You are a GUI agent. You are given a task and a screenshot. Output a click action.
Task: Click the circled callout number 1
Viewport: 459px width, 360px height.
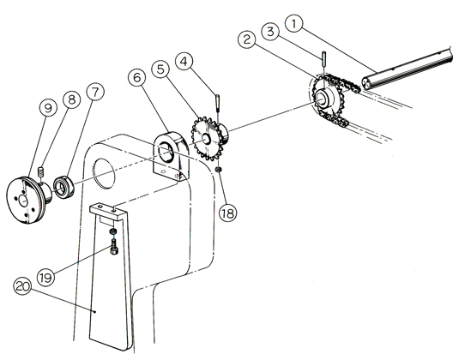(294, 24)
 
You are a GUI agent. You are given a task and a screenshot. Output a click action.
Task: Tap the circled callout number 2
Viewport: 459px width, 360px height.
(247, 39)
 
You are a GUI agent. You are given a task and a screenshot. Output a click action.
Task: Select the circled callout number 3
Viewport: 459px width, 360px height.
(270, 32)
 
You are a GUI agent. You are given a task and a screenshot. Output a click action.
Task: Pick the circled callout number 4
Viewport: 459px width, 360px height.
(184, 62)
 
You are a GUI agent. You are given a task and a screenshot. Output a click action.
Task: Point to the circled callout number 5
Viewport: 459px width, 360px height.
(160, 69)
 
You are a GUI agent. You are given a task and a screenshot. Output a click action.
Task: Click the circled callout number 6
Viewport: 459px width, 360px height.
(137, 77)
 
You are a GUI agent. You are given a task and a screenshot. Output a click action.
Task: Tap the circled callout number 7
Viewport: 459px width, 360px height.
(95, 92)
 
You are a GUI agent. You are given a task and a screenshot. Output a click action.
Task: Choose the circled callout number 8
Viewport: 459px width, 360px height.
(72, 99)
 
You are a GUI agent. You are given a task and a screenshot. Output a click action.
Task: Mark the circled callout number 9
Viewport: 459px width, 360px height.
(48, 107)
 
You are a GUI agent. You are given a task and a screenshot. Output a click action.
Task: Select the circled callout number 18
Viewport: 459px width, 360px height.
(227, 213)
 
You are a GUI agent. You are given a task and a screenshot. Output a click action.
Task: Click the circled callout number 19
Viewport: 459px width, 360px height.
(45, 277)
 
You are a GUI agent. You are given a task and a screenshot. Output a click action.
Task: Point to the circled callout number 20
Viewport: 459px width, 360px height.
(22, 286)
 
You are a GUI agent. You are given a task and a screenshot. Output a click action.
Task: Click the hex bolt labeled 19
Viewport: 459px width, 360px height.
(114, 247)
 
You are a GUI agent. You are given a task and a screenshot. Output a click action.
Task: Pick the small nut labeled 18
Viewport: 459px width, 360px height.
(219, 170)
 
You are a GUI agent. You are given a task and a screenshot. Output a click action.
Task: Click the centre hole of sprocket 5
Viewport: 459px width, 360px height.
(206, 138)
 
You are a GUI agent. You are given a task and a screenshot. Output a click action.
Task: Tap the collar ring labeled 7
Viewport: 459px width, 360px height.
(64, 188)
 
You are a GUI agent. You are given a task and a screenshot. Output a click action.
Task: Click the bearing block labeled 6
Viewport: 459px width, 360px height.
(172, 156)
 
